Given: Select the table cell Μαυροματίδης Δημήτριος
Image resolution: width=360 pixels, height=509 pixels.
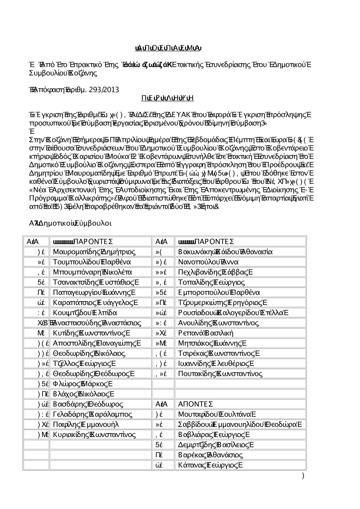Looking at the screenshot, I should click(94, 251).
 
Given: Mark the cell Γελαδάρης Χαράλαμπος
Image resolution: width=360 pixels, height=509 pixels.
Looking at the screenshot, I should click(92, 414).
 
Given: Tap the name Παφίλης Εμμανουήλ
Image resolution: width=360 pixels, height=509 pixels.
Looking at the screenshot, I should click(86, 424).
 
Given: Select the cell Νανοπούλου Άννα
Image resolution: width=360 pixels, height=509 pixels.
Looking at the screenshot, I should click(208, 262).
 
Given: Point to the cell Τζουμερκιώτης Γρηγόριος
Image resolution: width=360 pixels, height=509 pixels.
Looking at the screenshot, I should click(222, 303).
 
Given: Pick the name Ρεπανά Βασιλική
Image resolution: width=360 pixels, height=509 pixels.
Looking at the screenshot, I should click(206, 333).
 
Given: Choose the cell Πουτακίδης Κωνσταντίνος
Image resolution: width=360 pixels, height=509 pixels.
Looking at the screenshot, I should click(220, 374).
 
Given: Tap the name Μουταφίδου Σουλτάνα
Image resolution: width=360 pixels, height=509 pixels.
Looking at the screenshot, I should click(217, 414).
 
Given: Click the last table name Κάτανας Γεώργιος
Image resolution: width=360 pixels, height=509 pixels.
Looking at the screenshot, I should click(210, 465).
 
